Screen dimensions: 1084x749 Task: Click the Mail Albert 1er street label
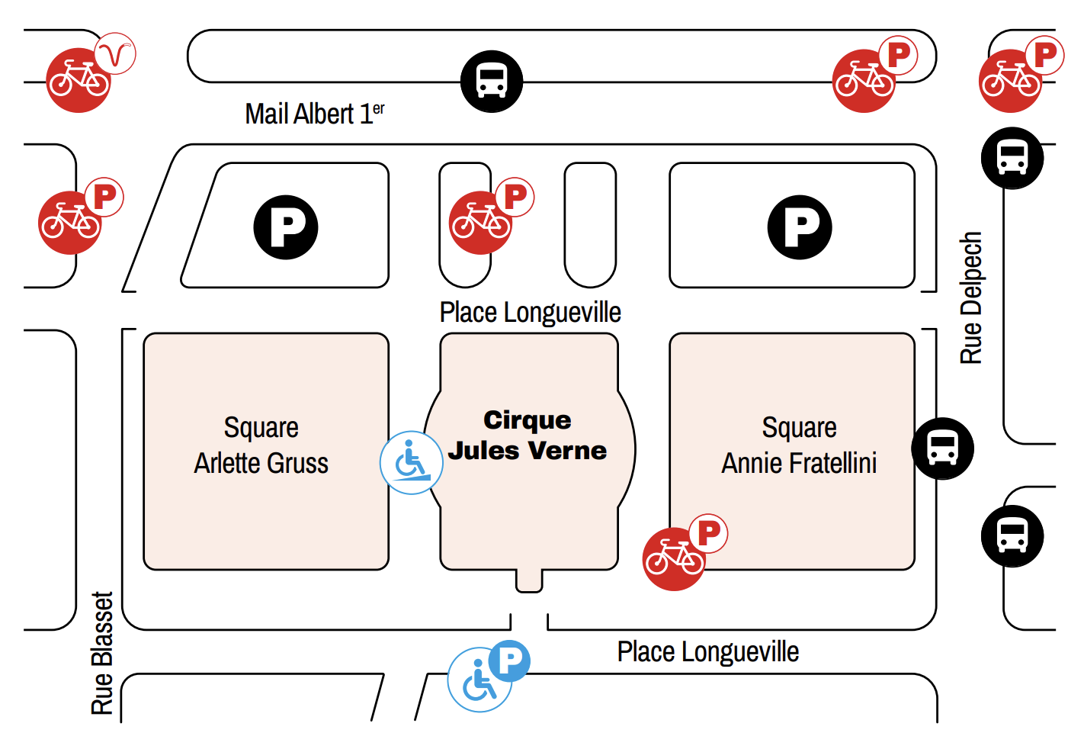pos(315,114)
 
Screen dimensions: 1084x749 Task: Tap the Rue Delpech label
pos(970,297)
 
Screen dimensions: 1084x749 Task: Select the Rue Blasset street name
pos(102,653)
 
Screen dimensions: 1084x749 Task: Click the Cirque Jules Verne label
pos(528,436)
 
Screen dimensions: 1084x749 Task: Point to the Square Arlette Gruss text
pos(261,445)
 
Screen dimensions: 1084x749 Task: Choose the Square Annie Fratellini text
pos(799,445)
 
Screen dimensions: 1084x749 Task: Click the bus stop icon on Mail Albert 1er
pos(492,82)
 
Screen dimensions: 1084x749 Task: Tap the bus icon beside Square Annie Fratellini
pos(942,448)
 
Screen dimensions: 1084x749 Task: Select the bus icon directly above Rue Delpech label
pos(1012,159)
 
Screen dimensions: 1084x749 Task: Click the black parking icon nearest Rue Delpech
pos(800,227)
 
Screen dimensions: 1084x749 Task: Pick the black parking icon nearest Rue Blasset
pos(286,227)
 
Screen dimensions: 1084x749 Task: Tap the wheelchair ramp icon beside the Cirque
pos(412,462)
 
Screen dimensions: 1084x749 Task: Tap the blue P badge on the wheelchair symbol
pos(509,661)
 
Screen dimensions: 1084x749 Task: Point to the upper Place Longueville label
pos(531,312)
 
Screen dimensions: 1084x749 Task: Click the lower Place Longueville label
pos(708,651)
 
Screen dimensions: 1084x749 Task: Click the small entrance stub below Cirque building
pos(529,580)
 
